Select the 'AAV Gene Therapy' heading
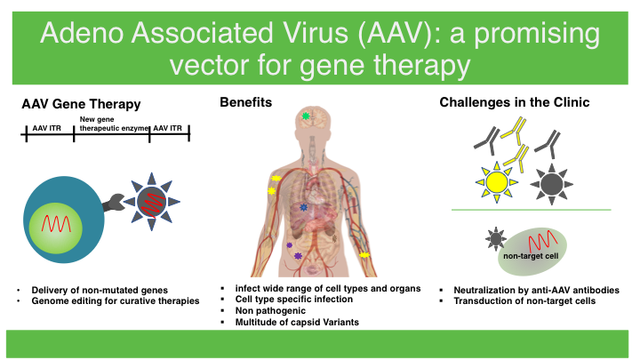point(81,104)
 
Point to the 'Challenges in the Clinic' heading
point(515,104)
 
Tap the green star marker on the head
point(306,116)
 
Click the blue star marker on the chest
point(304,207)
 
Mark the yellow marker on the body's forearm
point(364,255)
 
